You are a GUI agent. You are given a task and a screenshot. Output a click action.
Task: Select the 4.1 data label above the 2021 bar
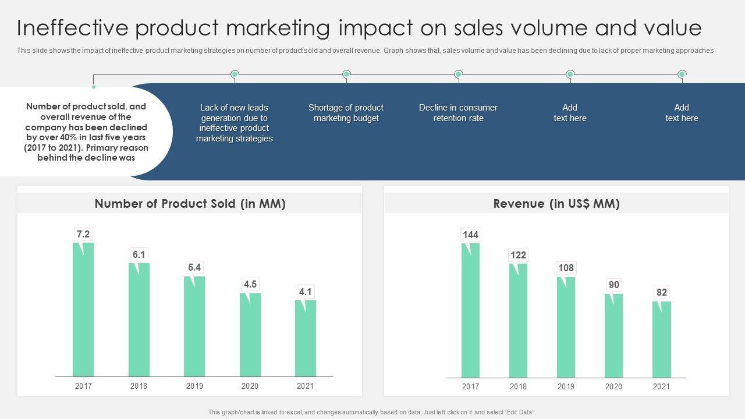(x=305, y=292)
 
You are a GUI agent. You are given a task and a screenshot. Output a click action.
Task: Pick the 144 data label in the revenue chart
(x=470, y=235)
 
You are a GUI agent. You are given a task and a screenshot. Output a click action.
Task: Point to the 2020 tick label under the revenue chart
(x=613, y=386)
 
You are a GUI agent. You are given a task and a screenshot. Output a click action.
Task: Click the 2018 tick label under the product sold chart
(x=139, y=386)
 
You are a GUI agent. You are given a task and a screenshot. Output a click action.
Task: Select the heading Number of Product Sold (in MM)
(x=190, y=204)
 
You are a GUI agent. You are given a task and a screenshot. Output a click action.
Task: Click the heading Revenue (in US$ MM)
(x=556, y=204)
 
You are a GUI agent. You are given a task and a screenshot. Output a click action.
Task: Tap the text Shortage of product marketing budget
(x=346, y=113)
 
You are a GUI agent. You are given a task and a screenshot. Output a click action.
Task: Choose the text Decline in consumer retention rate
(x=458, y=113)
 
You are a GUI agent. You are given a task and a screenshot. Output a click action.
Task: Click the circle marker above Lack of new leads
(x=235, y=74)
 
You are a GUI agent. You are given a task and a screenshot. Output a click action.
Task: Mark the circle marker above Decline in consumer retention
(x=458, y=74)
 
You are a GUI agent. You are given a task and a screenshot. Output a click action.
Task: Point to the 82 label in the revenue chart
(x=661, y=292)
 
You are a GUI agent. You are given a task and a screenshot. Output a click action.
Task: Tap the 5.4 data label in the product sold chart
(x=194, y=267)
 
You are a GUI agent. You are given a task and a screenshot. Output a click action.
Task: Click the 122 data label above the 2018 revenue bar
(x=518, y=255)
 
